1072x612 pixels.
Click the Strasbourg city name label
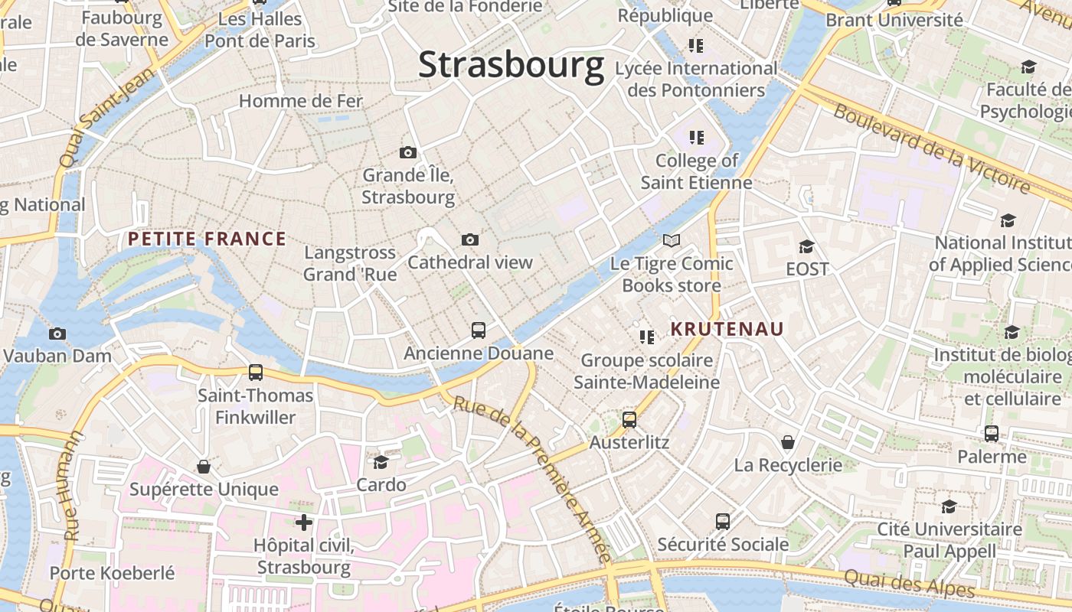tap(511, 64)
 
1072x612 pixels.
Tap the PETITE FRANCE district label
tap(207, 239)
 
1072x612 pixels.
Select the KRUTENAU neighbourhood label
tap(727, 329)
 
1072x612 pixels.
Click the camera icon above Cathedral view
tap(470, 239)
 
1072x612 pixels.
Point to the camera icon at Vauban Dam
tap(57, 334)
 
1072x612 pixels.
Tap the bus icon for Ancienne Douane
tap(479, 330)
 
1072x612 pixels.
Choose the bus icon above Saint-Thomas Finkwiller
tap(256, 373)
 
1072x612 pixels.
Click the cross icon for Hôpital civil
tap(304, 522)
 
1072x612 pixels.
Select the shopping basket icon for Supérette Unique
tap(204, 467)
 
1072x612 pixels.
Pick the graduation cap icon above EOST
tap(807, 246)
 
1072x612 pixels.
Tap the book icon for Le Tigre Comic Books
tap(672, 241)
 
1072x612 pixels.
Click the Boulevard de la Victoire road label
tap(932, 148)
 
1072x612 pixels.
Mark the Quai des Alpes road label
tap(909, 584)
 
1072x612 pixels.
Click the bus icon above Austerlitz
tap(629, 419)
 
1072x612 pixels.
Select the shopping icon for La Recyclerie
tap(788, 442)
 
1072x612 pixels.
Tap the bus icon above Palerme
tap(992, 434)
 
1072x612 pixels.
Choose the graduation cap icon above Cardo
tap(381, 462)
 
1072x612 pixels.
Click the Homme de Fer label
tap(301, 101)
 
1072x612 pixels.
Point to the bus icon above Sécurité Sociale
tap(723, 522)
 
